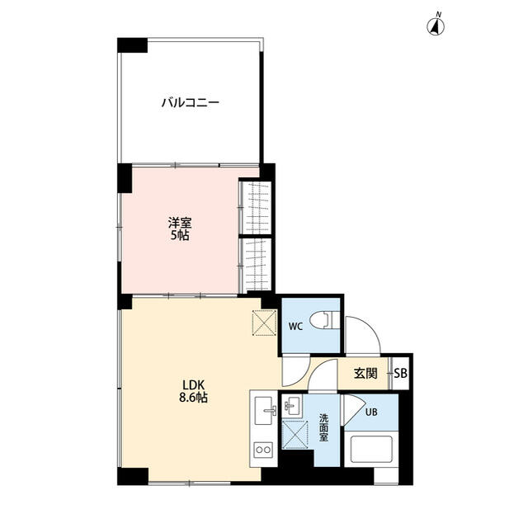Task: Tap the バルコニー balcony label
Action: [191, 102]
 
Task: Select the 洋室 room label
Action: [180, 223]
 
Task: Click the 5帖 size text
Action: [180, 235]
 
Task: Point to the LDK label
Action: [193, 384]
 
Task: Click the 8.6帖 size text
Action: [193, 398]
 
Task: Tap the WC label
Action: [295, 327]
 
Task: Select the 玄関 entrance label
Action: [365, 373]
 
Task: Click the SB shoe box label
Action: [401, 373]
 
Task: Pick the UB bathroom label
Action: [371, 412]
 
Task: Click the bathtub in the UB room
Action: [371, 449]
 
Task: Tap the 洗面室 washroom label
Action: [323, 427]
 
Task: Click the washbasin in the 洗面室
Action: [293, 406]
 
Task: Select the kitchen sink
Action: [264, 411]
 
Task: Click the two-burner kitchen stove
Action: [263, 449]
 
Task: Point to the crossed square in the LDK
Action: [265, 323]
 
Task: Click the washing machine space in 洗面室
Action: [295, 435]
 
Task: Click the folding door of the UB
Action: [353, 409]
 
